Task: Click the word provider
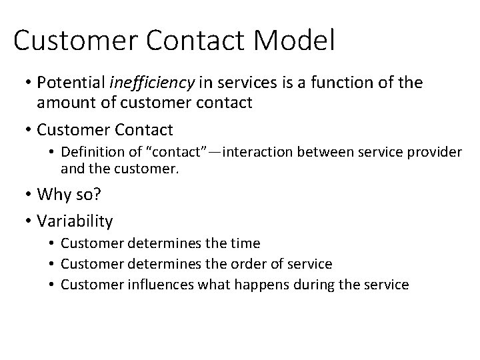[x=437, y=153]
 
